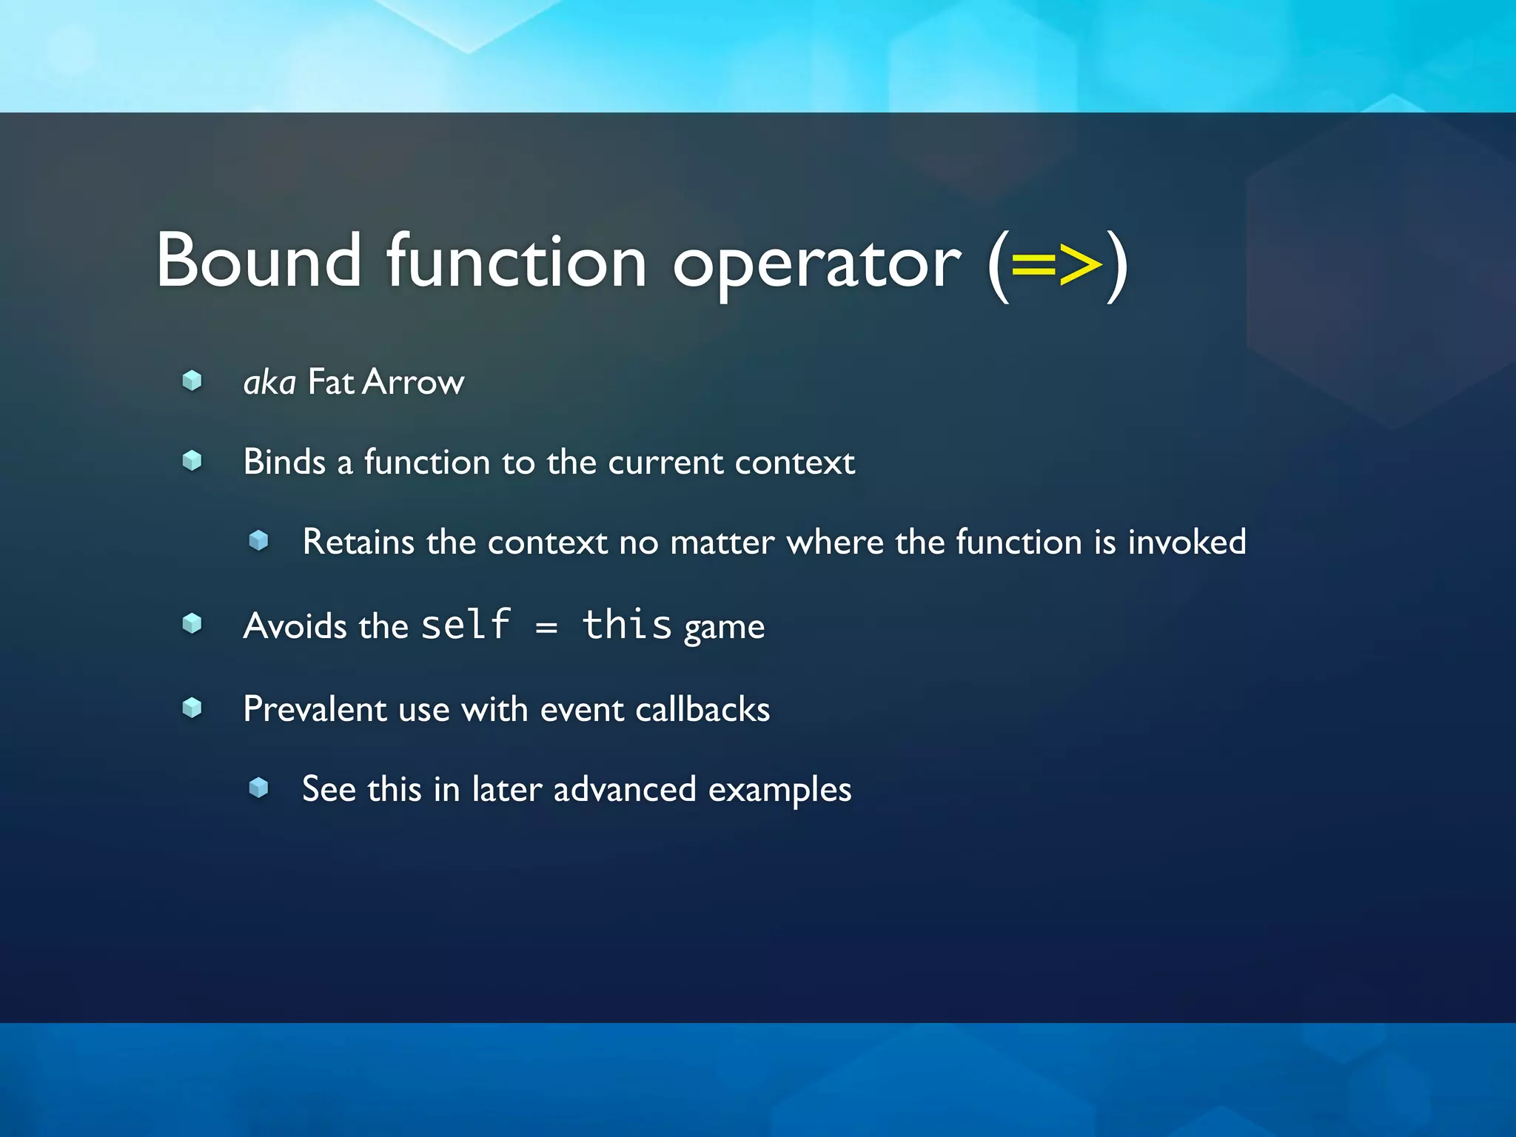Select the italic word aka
(269, 383)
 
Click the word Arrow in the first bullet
(414, 383)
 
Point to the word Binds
(284, 462)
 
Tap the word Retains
(358, 542)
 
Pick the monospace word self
(466, 624)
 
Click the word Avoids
(295, 626)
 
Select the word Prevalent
(315, 709)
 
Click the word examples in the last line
(779, 790)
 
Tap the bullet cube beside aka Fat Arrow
(192, 380)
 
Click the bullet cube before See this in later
(258, 787)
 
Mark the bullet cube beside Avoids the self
(192, 624)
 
